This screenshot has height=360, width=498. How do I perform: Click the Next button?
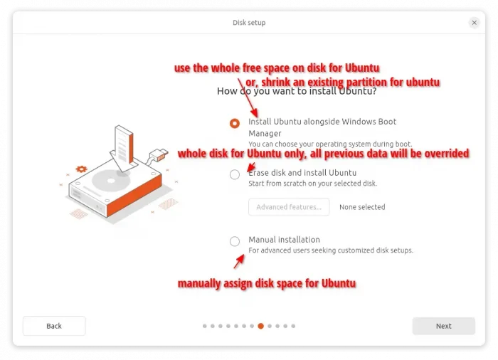[x=444, y=326]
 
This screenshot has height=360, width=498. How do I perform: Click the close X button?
[x=475, y=23]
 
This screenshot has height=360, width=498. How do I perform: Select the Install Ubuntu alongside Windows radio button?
[x=235, y=123]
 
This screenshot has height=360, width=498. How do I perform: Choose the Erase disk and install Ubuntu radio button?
[x=235, y=174]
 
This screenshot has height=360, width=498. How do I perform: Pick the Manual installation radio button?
[x=235, y=241]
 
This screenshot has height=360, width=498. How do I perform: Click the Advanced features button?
[x=289, y=207]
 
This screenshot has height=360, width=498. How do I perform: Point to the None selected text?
[x=362, y=207]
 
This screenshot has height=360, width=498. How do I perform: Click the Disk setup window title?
[x=249, y=23]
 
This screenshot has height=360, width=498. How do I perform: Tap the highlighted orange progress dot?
[x=261, y=326]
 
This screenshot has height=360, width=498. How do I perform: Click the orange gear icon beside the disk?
[x=81, y=169]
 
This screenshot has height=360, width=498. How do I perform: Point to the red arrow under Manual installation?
[x=239, y=262]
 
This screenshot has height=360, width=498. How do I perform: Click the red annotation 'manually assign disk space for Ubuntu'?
[x=267, y=283]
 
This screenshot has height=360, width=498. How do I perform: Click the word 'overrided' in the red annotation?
[x=447, y=154]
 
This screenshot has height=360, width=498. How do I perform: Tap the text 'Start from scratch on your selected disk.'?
[x=312, y=184]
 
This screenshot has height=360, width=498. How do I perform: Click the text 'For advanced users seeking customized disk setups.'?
[x=331, y=250]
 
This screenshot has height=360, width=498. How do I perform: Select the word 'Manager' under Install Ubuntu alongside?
[x=265, y=134]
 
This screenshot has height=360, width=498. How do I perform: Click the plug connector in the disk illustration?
[x=158, y=155]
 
